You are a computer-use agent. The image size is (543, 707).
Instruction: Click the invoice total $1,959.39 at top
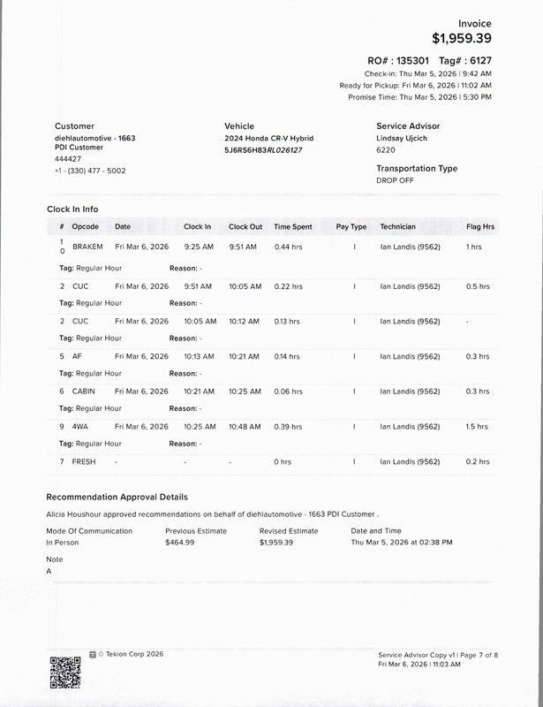462,38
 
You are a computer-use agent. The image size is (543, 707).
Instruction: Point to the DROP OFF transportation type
395,180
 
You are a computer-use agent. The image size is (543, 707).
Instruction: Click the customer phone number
90,171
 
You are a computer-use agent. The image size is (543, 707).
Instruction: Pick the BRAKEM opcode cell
87,247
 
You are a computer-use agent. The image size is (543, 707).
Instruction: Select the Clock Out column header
245,227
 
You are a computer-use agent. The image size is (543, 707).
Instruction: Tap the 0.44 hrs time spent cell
288,247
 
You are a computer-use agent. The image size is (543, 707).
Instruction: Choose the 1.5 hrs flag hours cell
477,427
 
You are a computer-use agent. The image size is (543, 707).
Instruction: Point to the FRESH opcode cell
85,462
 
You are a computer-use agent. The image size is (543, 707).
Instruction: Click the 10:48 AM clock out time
245,427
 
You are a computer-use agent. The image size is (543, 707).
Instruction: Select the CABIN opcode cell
84,392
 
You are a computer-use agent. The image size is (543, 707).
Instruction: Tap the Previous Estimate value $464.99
180,542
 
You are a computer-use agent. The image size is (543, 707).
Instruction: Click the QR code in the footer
65,673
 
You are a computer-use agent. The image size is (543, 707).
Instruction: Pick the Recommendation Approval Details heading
117,498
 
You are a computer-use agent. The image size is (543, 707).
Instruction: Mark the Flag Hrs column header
480,227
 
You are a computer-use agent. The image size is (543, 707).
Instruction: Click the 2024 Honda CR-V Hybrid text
268,139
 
